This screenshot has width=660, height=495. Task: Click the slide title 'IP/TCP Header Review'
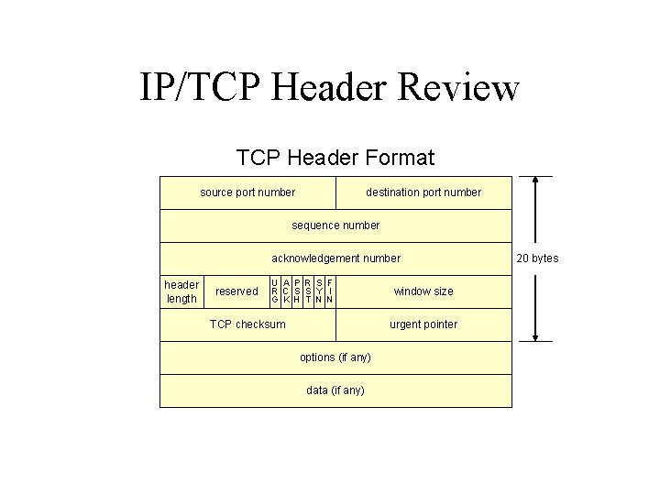point(330,88)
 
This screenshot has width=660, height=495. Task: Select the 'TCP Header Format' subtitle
point(335,158)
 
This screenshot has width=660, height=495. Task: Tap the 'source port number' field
point(247,192)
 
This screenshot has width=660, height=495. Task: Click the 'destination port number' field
point(423,192)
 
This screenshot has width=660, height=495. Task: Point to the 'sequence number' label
point(335,225)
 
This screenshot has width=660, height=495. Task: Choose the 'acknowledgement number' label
point(335,258)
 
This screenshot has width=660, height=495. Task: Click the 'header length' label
point(181,291)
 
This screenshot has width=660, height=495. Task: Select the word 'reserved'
point(236,291)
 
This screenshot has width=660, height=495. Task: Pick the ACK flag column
point(286,291)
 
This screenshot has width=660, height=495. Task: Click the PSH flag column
point(297,291)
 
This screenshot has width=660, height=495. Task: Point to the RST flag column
point(308,291)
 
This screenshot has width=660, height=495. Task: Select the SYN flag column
point(319,291)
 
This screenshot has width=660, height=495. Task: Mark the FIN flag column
point(329,291)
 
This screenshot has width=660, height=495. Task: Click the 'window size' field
point(423,291)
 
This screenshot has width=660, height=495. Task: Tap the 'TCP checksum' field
point(247,324)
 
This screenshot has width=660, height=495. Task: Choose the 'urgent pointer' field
point(423,324)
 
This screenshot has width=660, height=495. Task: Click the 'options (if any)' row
point(335,357)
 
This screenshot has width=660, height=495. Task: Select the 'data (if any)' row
point(335,390)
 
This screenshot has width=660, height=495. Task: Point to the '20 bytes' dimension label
point(537,258)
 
